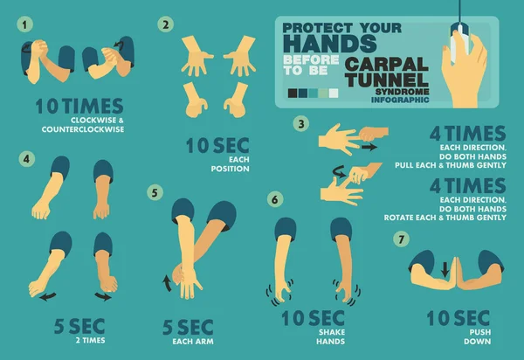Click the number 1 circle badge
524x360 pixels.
pyautogui.click(x=24, y=24)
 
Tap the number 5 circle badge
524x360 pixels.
pyautogui.click(x=155, y=193)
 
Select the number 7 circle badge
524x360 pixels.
pyautogui.click(x=402, y=239)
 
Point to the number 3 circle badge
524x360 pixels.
pyautogui.click(x=301, y=124)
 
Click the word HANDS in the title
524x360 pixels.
pyautogui.click(x=330, y=44)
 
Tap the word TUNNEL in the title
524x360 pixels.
pyautogui.click(x=387, y=80)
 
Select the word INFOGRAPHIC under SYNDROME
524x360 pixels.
pyautogui.click(x=400, y=100)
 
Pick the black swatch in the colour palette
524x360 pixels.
pyautogui.click(x=293, y=93)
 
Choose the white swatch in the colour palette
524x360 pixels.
pyautogui.click(x=334, y=93)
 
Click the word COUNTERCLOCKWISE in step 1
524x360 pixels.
pyautogui.click(x=83, y=129)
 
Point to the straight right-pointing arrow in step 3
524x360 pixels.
pyautogui.click(x=369, y=147)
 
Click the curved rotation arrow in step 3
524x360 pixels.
pyautogui.click(x=339, y=171)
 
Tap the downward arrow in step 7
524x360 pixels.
pyautogui.click(x=445, y=269)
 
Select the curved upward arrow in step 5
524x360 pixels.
pyautogui.click(x=167, y=283)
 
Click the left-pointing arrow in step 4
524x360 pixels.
pyautogui.click(x=48, y=296)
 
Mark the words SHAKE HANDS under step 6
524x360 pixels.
pyautogui.click(x=331, y=336)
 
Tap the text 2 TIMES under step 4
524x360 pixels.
pyautogui.click(x=90, y=340)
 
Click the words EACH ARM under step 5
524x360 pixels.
pyautogui.click(x=193, y=342)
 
